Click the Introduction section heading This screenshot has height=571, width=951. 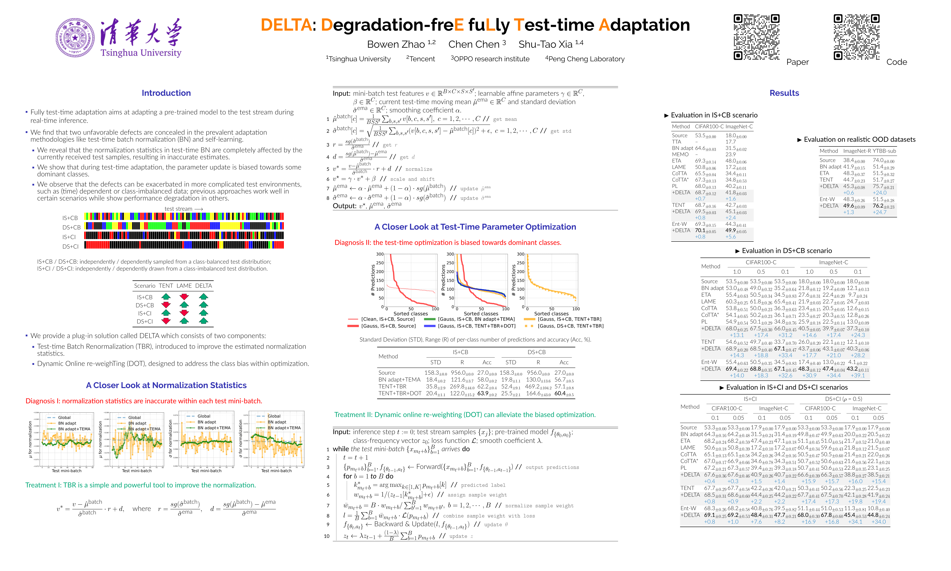coord(166,93)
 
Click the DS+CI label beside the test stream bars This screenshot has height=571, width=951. coord(70,247)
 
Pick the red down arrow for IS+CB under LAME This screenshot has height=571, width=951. coord(184,297)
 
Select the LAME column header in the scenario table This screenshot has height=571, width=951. coord(184,286)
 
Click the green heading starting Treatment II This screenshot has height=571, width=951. coord(465,415)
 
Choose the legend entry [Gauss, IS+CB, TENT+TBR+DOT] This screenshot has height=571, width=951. coord(477,326)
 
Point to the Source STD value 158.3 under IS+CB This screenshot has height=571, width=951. coord(433,373)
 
